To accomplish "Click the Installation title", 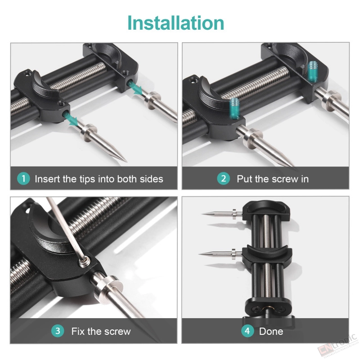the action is [x=175, y=23].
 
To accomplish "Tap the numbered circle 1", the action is [x=23, y=179].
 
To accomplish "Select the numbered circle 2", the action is [x=223, y=179].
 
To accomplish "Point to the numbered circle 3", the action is [x=58, y=331].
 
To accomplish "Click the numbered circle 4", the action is [x=247, y=331].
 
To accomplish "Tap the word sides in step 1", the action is [x=152, y=179].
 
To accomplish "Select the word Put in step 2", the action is [x=245, y=179].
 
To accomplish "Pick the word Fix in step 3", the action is [x=78, y=331].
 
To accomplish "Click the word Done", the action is [x=271, y=331].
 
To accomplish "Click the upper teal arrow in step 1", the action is [x=136, y=88].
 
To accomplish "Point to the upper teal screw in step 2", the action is [x=312, y=71].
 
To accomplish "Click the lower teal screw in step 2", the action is [x=234, y=108].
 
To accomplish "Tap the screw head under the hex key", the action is [x=85, y=261].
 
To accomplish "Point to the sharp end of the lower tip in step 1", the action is [x=126, y=162].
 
